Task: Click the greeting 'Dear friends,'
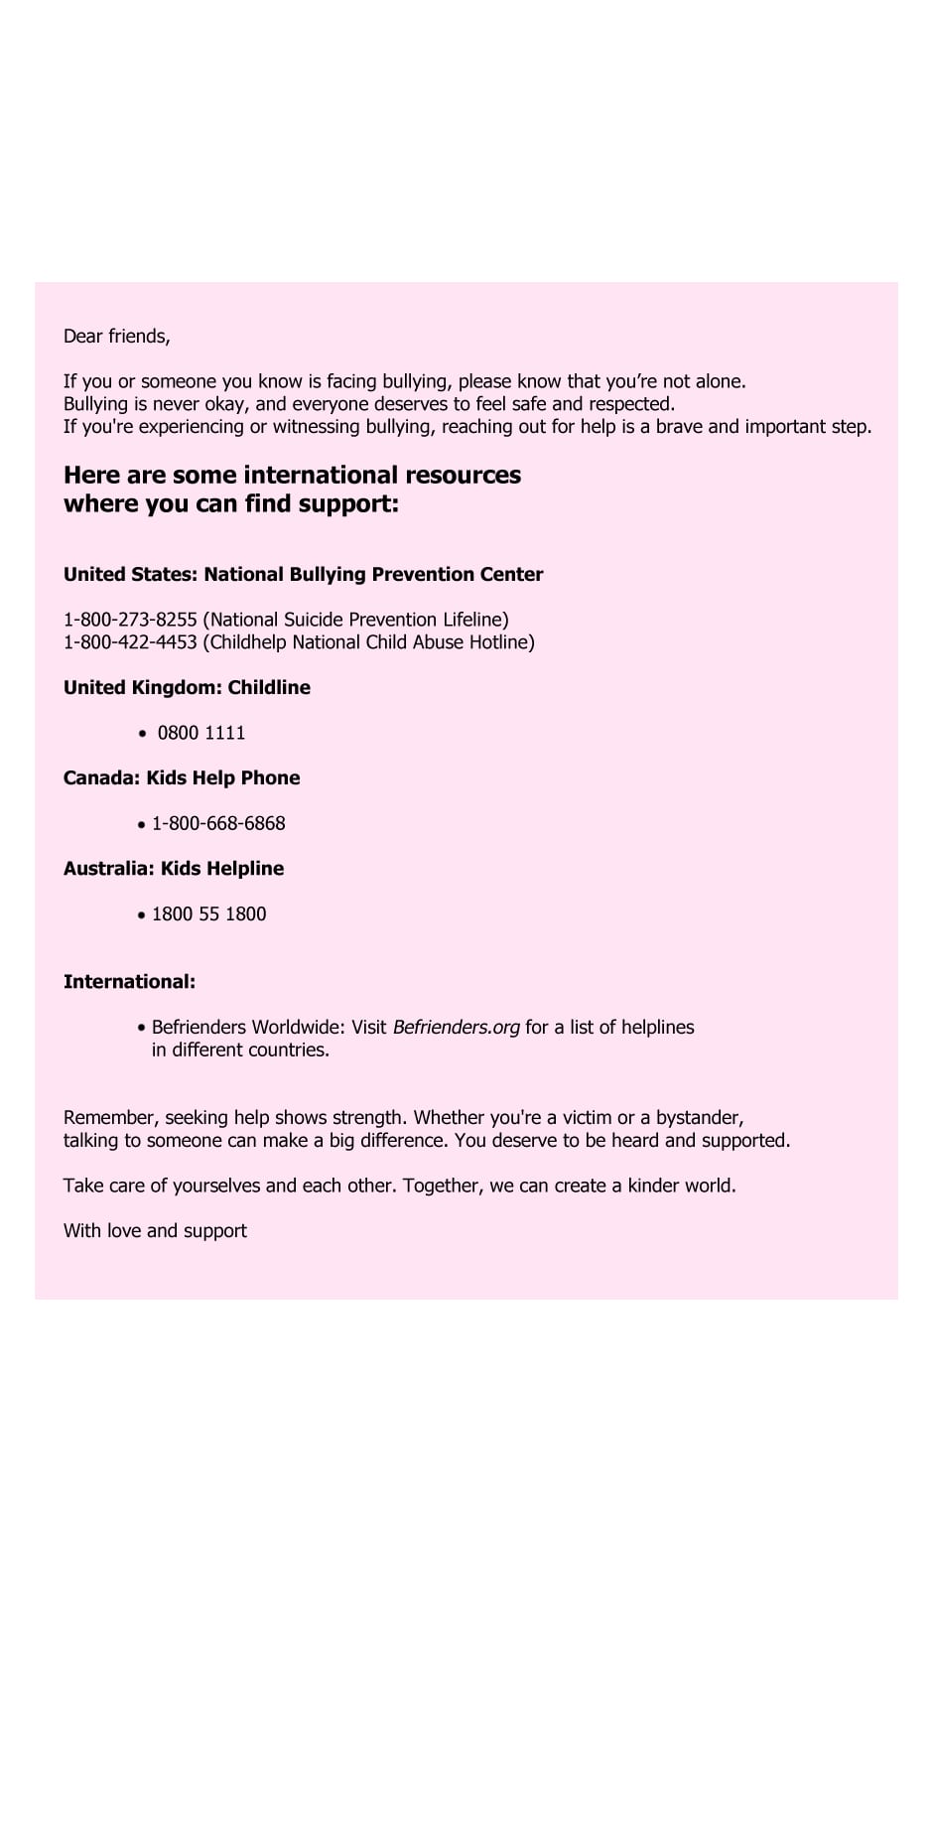click(116, 337)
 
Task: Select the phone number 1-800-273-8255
click(130, 620)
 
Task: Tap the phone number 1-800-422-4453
click(130, 642)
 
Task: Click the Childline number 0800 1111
click(201, 733)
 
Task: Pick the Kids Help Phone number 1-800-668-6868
click(218, 823)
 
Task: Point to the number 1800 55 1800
click(208, 913)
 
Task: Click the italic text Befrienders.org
click(456, 1027)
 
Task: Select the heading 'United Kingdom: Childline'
click(187, 687)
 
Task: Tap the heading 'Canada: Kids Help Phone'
click(182, 777)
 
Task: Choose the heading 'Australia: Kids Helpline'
click(174, 868)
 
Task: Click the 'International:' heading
click(129, 981)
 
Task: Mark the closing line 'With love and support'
click(155, 1230)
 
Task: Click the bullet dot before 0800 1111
click(143, 734)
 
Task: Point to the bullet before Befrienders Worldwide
click(142, 1028)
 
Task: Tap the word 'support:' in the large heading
click(354, 503)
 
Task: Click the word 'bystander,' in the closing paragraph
click(700, 1117)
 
